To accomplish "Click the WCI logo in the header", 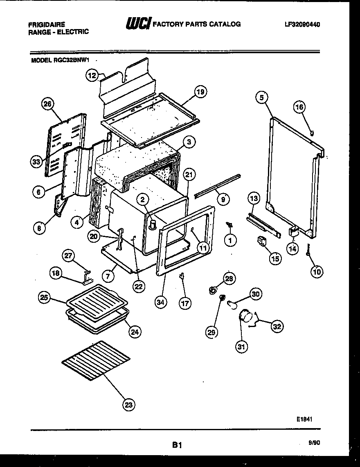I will click(x=138, y=24).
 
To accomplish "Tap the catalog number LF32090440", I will click(x=302, y=24).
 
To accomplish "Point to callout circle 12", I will click(x=92, y=75).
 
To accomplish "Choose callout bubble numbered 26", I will click(x=48, y=105).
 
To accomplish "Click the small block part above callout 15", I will click(x=260, y=242).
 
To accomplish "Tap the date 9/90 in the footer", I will click(x=315, y=442).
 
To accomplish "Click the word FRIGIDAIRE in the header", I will click(x=46, y=25).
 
